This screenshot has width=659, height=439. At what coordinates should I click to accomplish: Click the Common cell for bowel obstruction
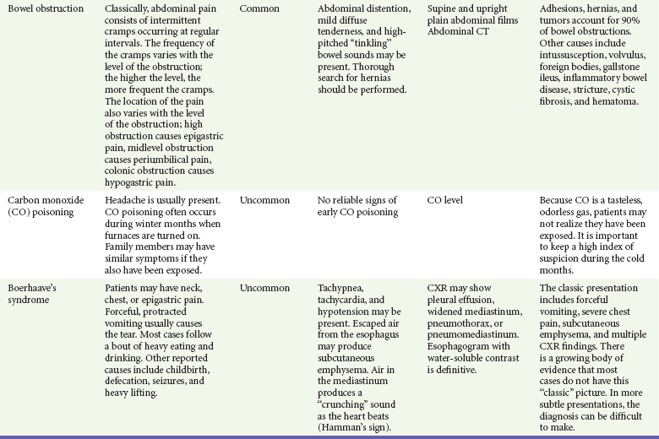[259, 9]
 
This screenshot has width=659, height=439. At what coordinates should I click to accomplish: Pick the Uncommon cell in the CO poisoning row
[264, 201]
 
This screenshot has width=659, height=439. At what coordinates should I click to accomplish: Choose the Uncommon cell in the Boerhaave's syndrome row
[264, 288]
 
